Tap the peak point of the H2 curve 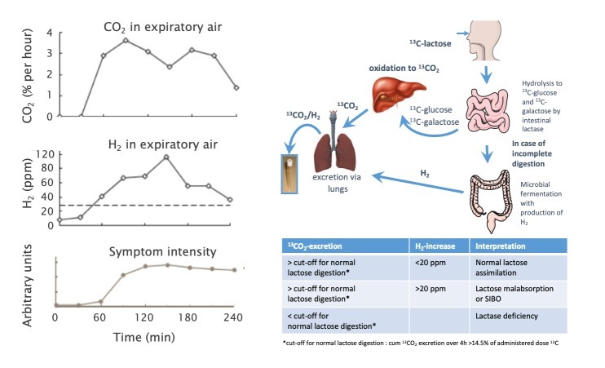click(x=166, y=157)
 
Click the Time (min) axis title click(x=144, y=336)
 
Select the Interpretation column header click(x=503, y=246)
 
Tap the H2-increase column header click(x=435, y=246)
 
